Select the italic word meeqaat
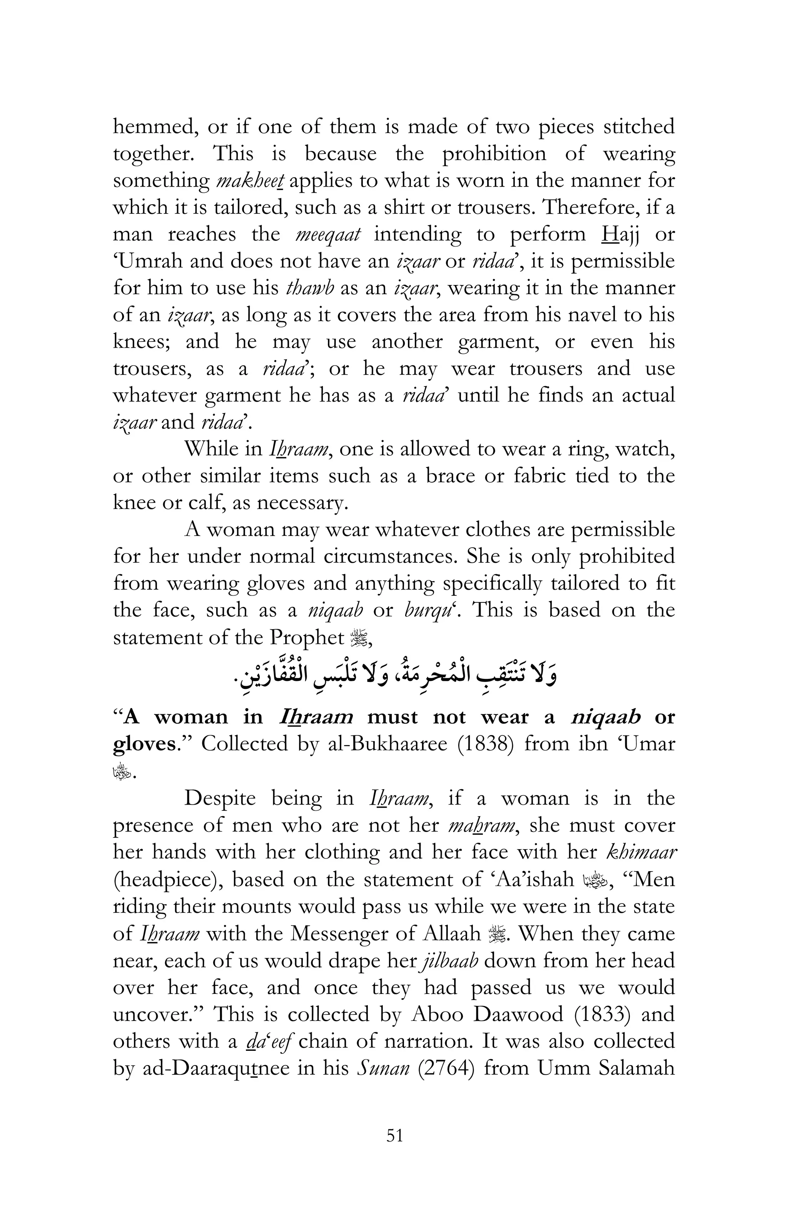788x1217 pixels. (x=328, y=235)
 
